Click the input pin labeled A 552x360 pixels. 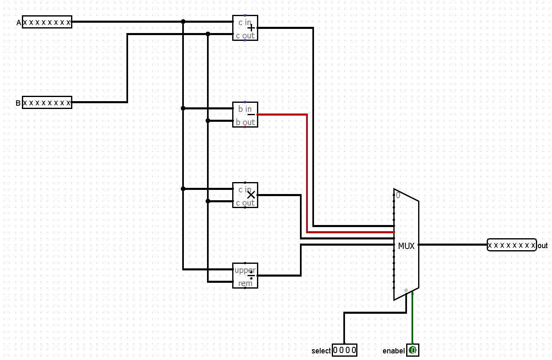point(47,22)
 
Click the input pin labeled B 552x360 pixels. point(47,102)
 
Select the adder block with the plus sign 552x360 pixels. point(245,28)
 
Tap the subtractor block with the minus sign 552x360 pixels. point(245,115)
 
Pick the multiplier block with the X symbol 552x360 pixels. point(245,195)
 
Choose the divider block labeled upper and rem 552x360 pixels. point(245,276)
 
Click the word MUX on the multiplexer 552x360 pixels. point(406,246)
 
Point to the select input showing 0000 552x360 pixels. point(344,351)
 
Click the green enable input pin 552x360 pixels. point(413,351)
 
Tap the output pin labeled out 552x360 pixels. point(512,245)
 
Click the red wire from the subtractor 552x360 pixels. point(307,173)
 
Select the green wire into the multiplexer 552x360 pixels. point(412,318)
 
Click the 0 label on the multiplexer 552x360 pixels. point(398,196)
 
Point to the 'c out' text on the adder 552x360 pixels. point(245,36)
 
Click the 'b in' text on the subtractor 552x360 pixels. point(245,109)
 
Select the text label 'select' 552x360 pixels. point(321,351)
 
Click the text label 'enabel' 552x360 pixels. point(393,351)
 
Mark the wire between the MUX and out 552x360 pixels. point(452,245)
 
